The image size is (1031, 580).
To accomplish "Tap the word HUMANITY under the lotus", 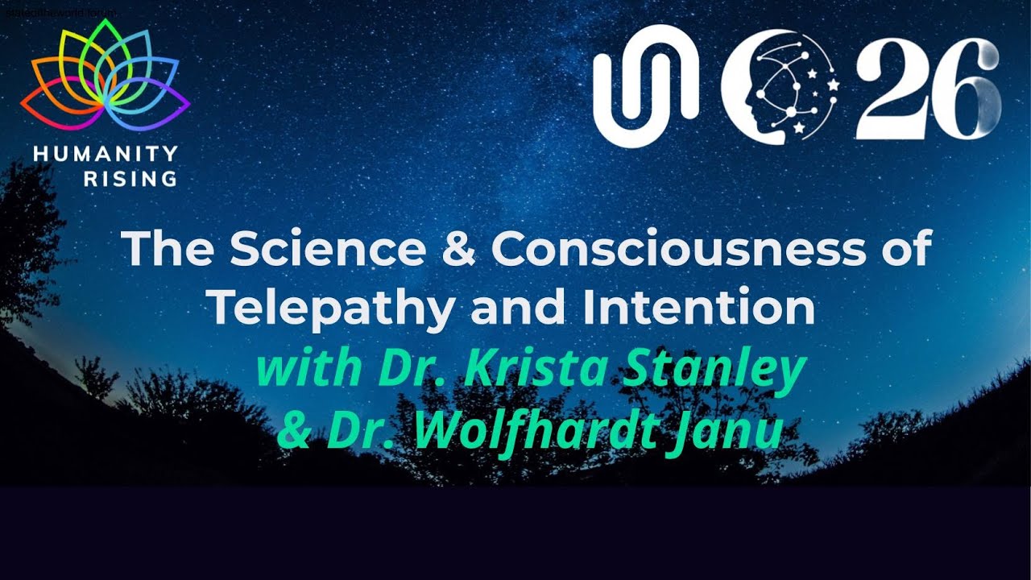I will click(x=106, y=154).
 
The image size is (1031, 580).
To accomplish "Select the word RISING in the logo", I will click(x=130, y=179).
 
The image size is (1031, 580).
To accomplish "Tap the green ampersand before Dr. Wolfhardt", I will click(x=296, y=432).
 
